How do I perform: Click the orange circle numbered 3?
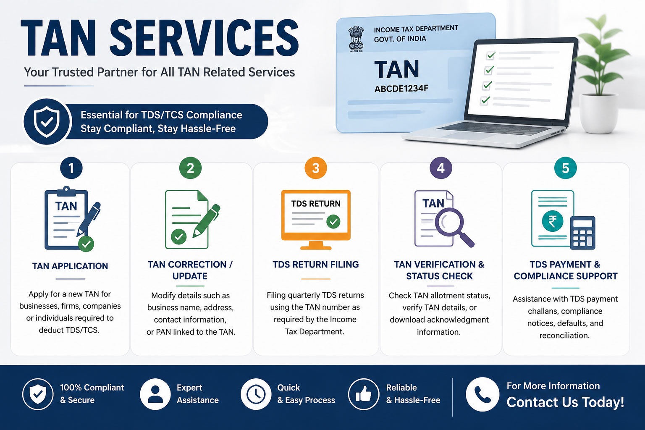point(316,168)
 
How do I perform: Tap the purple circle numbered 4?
point(440,168)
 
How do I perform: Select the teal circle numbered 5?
point(565,168)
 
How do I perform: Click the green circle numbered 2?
point(190,168)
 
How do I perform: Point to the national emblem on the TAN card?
point(356,39)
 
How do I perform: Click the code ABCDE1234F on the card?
point(401,89)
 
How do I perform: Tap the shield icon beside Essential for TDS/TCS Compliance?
point(47,121)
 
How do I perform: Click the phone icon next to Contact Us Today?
point(482,394)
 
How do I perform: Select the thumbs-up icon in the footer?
point(363,394)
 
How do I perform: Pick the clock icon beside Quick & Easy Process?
point(256,394)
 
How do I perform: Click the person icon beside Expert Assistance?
point(155,394)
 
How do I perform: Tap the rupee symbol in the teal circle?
point(552,221)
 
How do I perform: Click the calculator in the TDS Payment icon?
point(582,233)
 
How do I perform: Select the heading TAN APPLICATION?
point(70,266)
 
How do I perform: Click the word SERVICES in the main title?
point(204,38)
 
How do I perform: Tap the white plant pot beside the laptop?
point(598,113)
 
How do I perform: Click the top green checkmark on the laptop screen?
point(491,55)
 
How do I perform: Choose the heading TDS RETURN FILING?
point(316,265)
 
